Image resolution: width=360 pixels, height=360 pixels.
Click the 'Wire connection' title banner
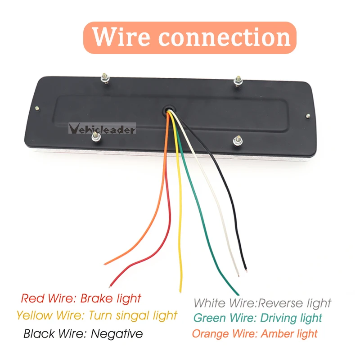[189, 38]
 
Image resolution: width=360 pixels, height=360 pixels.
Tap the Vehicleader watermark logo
[102, 129]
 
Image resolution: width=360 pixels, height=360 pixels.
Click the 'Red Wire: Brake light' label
[81, 298]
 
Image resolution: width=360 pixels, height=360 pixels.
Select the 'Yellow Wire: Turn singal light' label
[97, 315]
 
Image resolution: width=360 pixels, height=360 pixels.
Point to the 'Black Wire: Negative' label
[83, 333]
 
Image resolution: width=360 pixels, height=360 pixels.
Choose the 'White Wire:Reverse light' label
[262, 303]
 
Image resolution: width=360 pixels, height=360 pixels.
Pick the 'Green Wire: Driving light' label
[257, 318]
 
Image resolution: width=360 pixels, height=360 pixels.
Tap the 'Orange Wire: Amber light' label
[255, 333]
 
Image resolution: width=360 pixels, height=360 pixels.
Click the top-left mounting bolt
[105, 78]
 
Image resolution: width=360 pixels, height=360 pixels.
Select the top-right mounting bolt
[238, 81]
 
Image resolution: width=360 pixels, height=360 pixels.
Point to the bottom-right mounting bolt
[238, 140]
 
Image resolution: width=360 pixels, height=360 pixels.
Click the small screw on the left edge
[37, 108]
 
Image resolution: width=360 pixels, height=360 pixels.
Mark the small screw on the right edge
[308, 116]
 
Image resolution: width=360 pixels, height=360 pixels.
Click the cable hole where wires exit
[169, 109]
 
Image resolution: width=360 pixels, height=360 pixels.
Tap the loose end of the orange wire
[105, 264]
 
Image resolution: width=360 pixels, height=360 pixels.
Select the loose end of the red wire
[110, 286]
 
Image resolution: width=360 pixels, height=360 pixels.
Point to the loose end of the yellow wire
[180, 292]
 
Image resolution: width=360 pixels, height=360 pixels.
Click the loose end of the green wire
[238, 294]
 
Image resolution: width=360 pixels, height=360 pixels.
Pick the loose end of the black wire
[246, 270]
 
